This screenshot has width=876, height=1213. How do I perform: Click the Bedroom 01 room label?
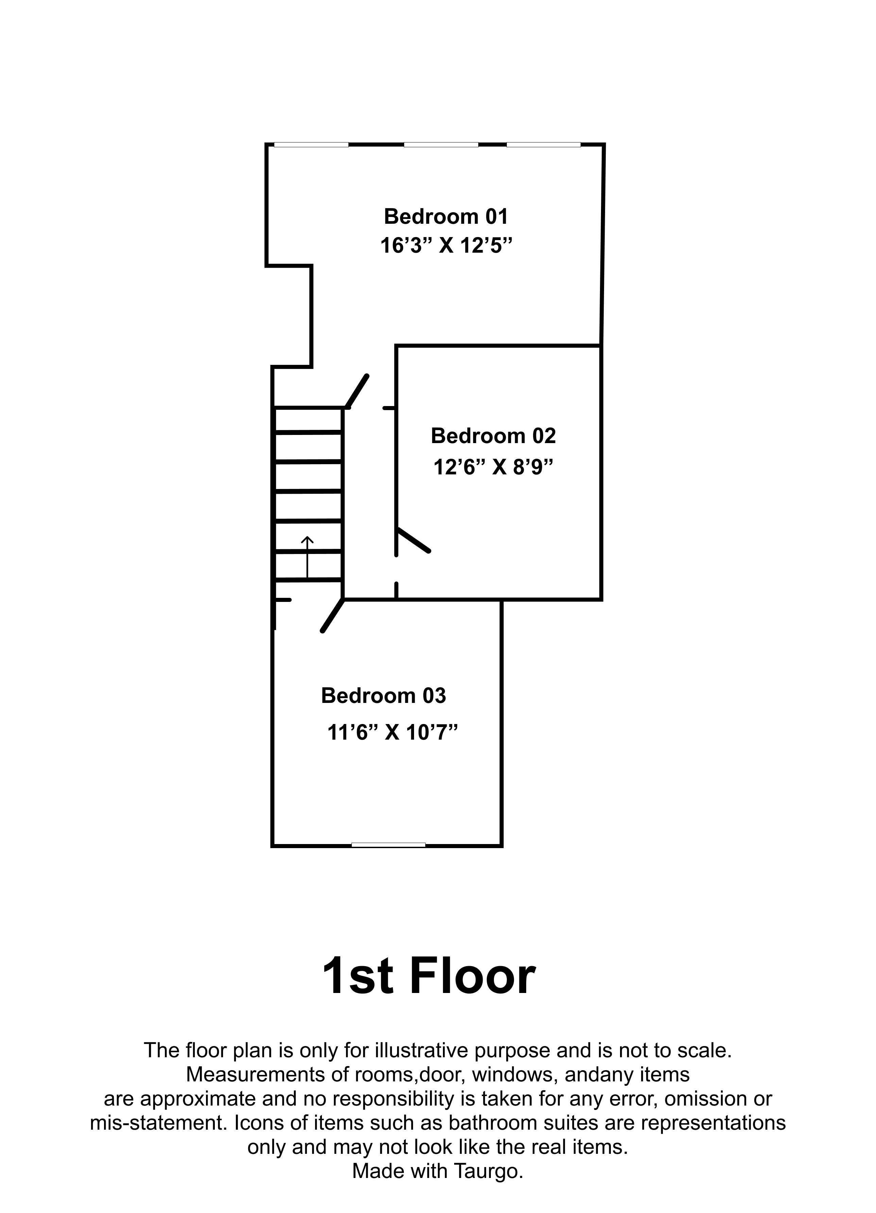pos(446,217)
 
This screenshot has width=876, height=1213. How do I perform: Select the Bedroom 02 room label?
pos(493,436)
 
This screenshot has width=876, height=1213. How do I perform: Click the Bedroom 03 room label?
pos(383,695)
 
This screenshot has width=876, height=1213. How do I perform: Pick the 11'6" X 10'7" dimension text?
pos(393,732)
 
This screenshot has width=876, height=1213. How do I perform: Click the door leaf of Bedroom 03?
pos(332,616)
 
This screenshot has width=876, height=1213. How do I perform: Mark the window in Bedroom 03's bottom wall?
pos(388,845)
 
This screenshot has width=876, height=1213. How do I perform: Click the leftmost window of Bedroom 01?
pos(311,145)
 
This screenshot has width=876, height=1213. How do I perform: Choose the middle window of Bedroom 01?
pos(441,145)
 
